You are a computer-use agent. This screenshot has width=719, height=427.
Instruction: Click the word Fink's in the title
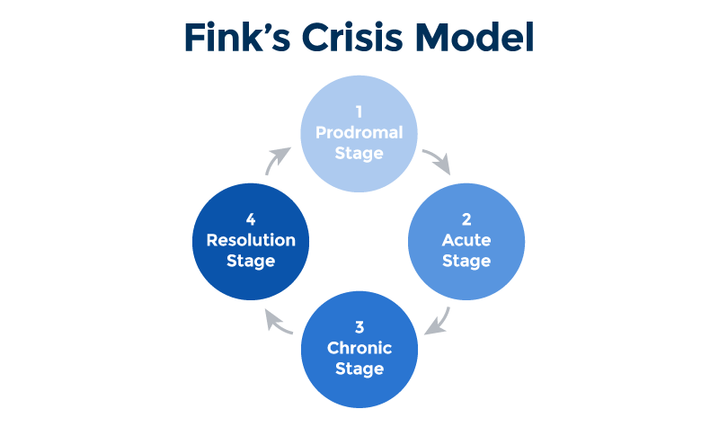pos(236,39)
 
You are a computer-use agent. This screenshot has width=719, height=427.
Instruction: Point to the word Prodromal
pos(359,133)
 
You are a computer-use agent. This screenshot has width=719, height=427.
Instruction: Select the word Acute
pos(466,241)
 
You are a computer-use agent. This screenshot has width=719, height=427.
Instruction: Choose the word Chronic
pos(359,349)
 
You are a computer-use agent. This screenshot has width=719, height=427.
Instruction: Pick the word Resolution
pos(251,241)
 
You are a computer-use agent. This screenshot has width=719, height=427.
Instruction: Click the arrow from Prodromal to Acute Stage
pos(437,161)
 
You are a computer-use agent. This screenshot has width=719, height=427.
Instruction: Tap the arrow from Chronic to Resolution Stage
pos(280,320)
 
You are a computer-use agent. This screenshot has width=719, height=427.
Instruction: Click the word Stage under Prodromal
pos(359,154)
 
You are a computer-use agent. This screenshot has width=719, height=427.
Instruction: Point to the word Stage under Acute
pos(466,262)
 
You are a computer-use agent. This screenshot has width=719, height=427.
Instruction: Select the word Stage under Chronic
pos(359,369)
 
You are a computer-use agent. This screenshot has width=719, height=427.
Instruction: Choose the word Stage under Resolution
pos(251,262)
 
